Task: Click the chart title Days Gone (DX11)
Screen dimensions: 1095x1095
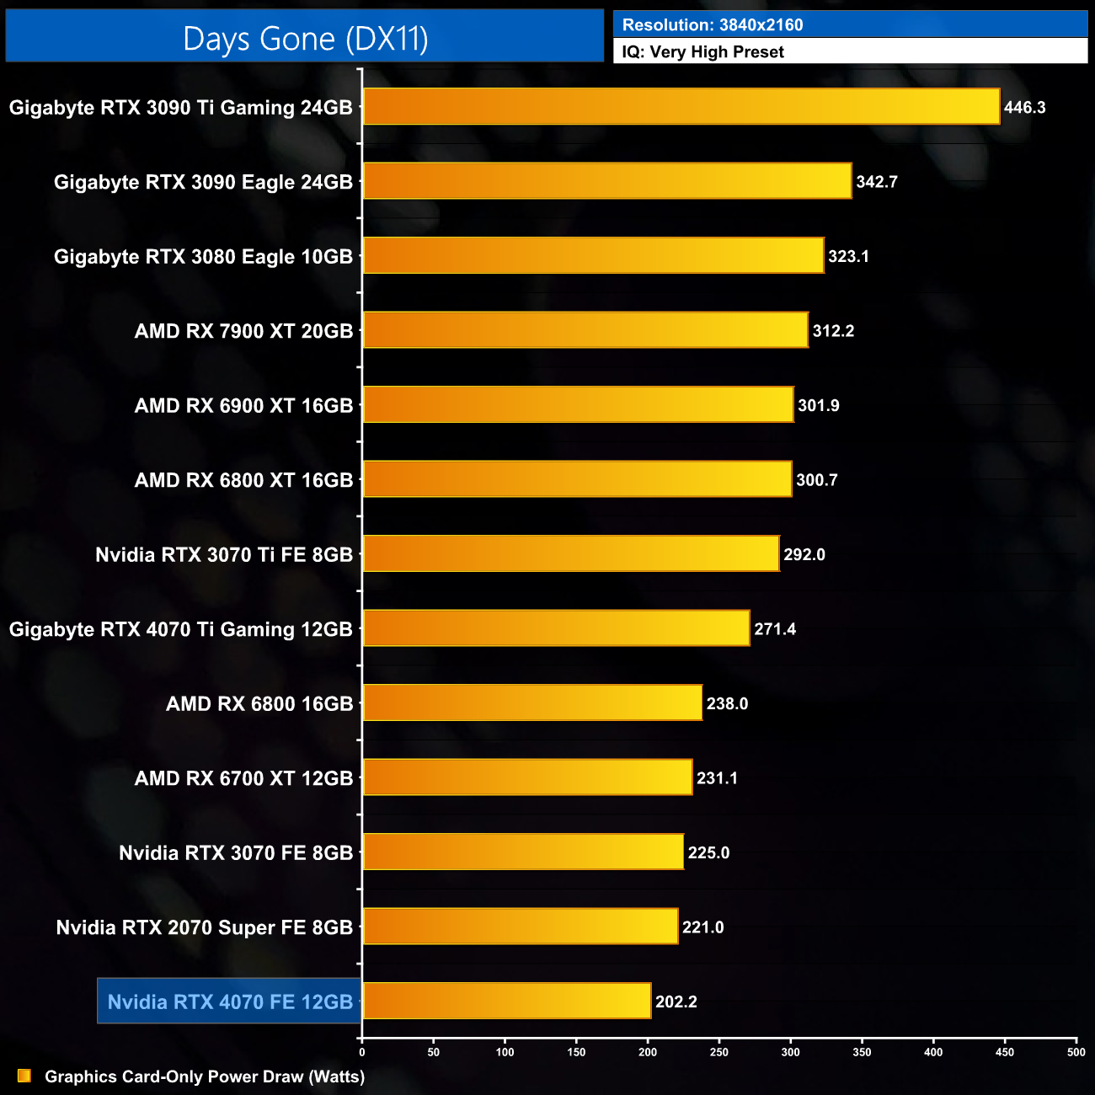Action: tap(305, 39)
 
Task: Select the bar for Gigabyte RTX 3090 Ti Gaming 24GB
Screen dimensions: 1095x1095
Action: tap(681, 107)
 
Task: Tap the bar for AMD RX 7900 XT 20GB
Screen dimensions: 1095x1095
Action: tap(585, 330)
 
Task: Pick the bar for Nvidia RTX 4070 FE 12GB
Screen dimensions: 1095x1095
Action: tap(506, 1001)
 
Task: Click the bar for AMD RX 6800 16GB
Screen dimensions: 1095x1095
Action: tap(531, 702)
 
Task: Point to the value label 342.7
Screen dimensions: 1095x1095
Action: tap(876, 182)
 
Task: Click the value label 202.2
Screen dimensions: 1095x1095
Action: tap(676, 1002)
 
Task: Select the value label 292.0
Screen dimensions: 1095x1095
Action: tap(804, 554)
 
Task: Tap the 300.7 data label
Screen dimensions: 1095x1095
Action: tap(816, 480)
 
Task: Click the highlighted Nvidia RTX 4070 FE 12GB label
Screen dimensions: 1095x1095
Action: tap(230, 1002)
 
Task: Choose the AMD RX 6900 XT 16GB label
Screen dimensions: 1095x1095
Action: tap(243, 406)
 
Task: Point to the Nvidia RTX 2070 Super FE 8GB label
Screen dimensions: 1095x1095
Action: tap(204, 927)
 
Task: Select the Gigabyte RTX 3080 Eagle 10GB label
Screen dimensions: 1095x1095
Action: tap(203, 257)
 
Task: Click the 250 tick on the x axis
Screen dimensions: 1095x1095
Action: tap(719, 1051)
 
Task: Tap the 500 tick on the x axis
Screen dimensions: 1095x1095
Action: tap(1076, 1051)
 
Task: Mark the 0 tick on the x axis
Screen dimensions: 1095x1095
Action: tap(362, 1051)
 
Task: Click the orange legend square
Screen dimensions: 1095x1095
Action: tap(24, 1076)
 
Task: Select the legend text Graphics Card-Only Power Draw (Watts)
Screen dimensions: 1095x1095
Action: tap(205, 1076)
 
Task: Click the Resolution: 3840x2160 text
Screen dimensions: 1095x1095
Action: tap(712, 25)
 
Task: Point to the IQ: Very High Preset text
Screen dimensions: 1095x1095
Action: tap(702, 52)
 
